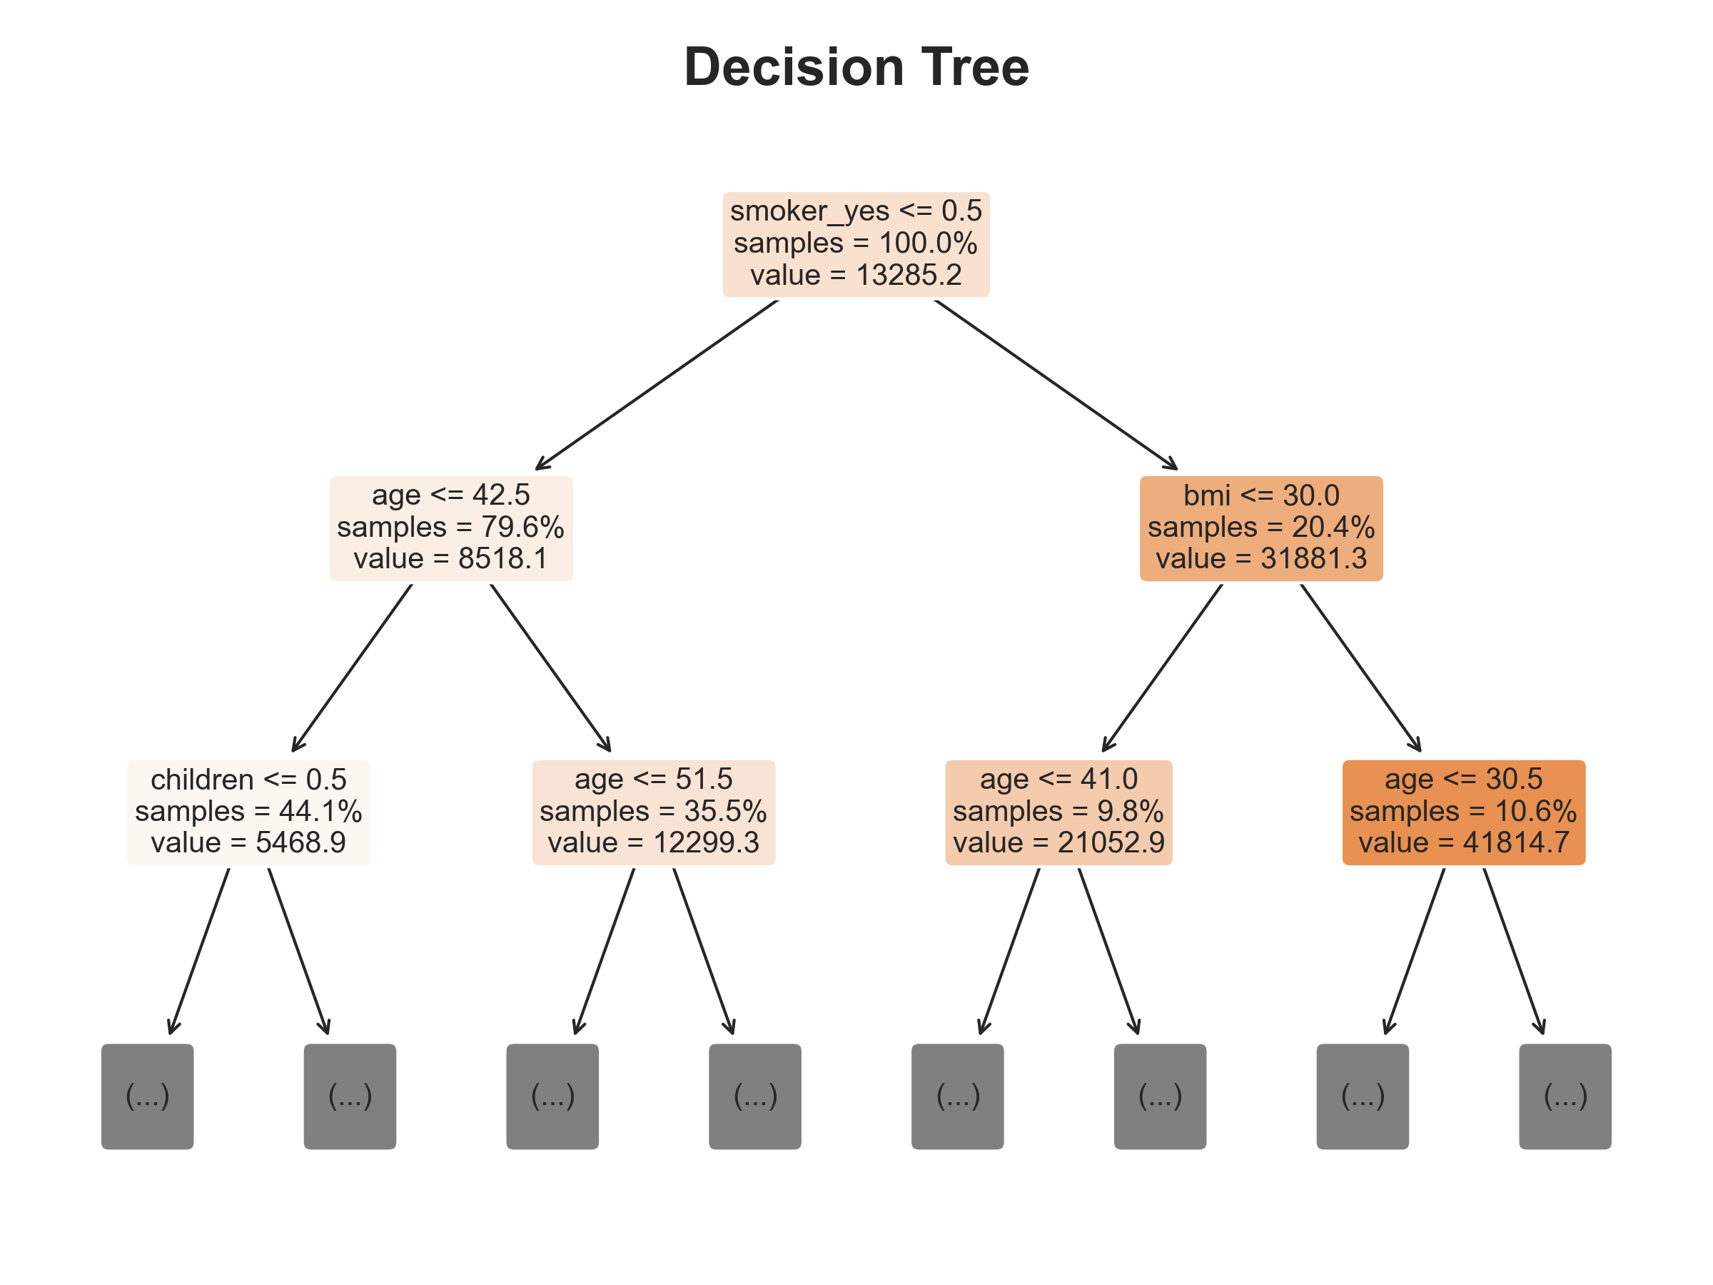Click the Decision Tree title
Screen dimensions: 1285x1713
coord(856,67)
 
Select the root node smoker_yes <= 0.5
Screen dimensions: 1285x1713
coord(856,244)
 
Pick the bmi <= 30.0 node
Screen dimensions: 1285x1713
coord(1260,528)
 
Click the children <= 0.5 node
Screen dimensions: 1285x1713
coord(248,812)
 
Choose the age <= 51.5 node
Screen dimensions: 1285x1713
coord(654,812)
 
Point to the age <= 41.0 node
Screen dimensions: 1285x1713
coord(1058,812)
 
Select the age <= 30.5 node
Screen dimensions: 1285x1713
coord(1464,812)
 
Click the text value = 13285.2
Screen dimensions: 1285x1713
coord(856,275)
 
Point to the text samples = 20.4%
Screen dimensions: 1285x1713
coord(1260,528)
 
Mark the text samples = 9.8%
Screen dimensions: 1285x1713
coord(1058,812)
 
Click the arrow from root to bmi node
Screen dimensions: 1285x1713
coord(1056,384)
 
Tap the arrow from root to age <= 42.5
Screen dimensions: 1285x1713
coord(657,384)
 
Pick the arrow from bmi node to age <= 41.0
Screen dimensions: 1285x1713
coord(1163,667)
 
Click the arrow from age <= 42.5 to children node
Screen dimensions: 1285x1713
coord(353,667)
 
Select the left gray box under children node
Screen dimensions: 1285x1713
coord(147,1096)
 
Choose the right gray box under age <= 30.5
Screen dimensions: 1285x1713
coord(1565,1096)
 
